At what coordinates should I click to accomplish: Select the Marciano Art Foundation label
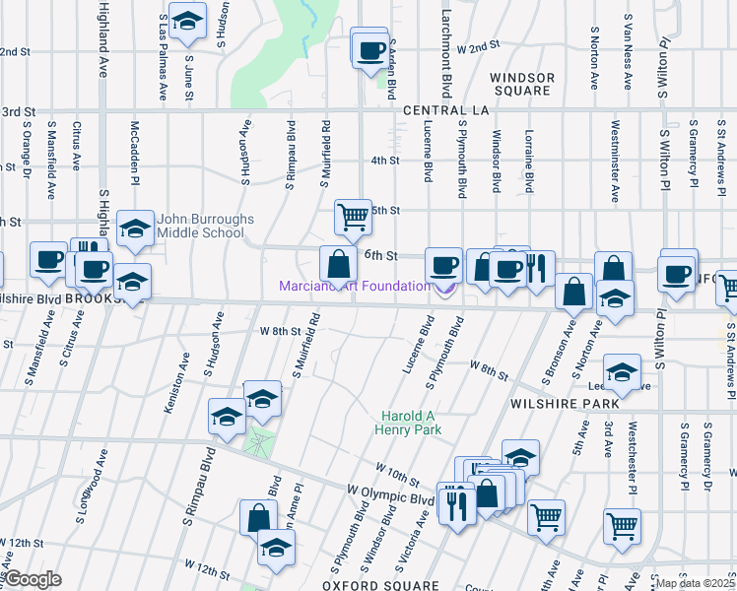[x=354, y=286]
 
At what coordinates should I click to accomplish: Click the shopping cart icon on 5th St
[x=352, y=216]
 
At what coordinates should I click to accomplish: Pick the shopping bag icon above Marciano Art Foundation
[x=338, y=263]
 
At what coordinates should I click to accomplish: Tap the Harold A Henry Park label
[x=407, y=422]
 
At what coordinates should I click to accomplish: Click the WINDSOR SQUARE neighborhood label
[x=522, y=84]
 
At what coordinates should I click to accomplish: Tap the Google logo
[x=33, y=578]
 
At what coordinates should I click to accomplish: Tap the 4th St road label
[x=384, y=161]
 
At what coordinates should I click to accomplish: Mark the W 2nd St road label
[x=473, y=47]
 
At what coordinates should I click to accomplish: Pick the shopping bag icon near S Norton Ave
[x=613, y=269]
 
